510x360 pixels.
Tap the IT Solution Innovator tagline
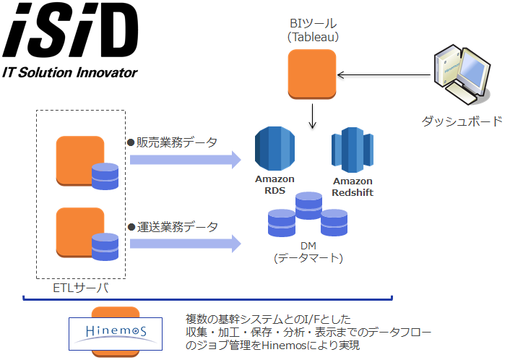coord(70,72)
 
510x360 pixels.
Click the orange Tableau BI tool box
coord(312,74)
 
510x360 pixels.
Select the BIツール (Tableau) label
coord(313,30)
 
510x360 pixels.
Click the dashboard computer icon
coord(462,74)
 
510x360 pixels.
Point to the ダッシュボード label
coord(462,121)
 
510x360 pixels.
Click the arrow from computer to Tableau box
coord(384,75)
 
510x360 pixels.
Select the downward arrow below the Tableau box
coord(313,116)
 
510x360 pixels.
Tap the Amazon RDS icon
coord(275,148)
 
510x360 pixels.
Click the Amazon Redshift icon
coord(353,150)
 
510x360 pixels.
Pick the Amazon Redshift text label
coord(353,187)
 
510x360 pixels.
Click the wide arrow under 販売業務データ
coord(186,160)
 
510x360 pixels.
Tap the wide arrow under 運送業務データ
coord(186,244)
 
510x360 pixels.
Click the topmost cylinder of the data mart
coord(308,206)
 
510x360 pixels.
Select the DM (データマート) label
coord(308,252)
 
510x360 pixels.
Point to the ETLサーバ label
coord(81,288)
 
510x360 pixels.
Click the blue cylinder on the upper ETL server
coord(105,176)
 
